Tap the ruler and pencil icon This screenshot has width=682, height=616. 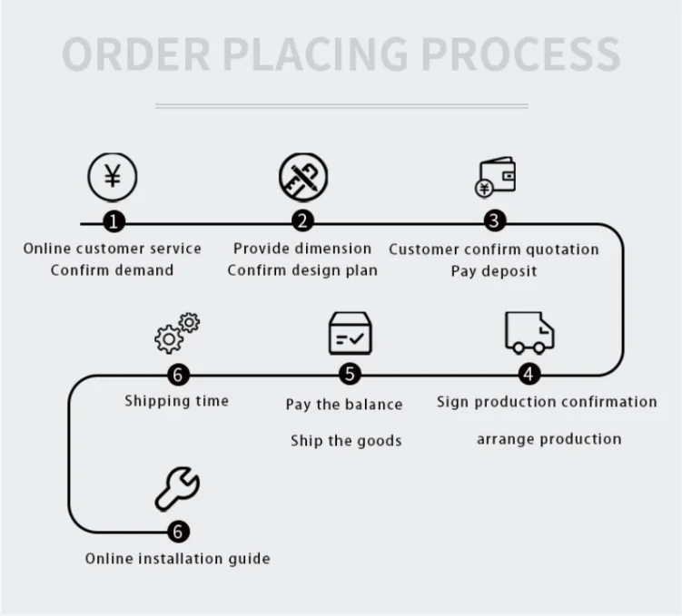(x=303, y=177)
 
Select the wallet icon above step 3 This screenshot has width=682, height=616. (x=496, y=177)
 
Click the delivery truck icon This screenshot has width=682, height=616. (x=529, y=333)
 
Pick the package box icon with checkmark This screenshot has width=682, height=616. (x=351, y=333)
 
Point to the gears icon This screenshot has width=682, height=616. (x=177, y=333)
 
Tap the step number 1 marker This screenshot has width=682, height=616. (x=112, y=221)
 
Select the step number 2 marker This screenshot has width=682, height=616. (x=302, y=221)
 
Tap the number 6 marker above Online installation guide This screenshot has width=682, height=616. (x=178, y=532)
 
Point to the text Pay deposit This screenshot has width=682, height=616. (x=494, y=271)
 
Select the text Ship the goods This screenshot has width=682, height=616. (x=346, y=441)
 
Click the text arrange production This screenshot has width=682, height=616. (x=549, y=439)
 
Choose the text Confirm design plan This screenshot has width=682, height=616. (x=302, y=270)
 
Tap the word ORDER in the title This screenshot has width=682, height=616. (x=136, y=54)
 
